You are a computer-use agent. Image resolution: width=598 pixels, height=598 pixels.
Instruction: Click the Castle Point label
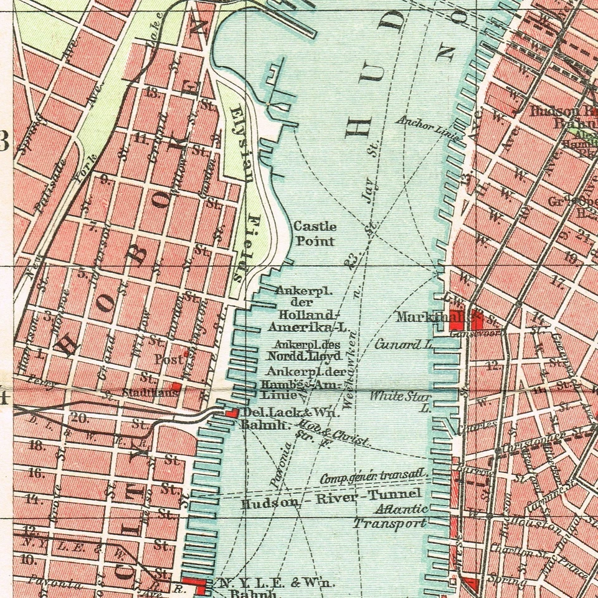coord(315,234)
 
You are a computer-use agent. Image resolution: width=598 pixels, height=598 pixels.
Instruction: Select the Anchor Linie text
coord(429,128)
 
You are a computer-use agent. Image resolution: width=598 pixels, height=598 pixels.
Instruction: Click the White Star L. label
coord(401,400)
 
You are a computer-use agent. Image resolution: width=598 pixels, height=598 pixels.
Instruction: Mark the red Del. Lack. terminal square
coord(230,412)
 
